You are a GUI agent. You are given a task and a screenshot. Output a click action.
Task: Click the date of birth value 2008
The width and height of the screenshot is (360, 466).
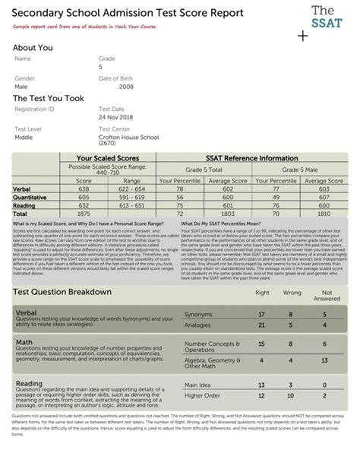coord(106,87)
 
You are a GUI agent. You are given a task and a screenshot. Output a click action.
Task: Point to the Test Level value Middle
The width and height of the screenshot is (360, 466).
coord(25,138)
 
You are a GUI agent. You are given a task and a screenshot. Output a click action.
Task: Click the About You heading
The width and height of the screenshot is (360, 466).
coord(33,48)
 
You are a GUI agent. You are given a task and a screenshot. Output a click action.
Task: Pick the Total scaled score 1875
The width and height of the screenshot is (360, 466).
coord(84,214)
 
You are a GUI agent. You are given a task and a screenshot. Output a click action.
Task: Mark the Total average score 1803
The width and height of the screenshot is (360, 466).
coord(227,214)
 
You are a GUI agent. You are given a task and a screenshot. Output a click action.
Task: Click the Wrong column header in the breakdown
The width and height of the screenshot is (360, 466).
coord(292,292)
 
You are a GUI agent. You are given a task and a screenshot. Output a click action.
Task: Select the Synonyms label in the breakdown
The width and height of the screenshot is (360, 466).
coord(198,314)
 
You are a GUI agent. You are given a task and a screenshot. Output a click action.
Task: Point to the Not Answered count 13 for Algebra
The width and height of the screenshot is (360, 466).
coord(325,360)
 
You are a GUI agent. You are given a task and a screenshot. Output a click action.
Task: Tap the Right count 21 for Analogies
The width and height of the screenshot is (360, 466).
coord(261,325)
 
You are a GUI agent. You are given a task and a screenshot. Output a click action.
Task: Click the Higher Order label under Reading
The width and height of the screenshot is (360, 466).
coord(203,395)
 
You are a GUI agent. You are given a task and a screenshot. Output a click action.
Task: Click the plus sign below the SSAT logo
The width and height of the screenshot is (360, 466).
coord(304,36)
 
